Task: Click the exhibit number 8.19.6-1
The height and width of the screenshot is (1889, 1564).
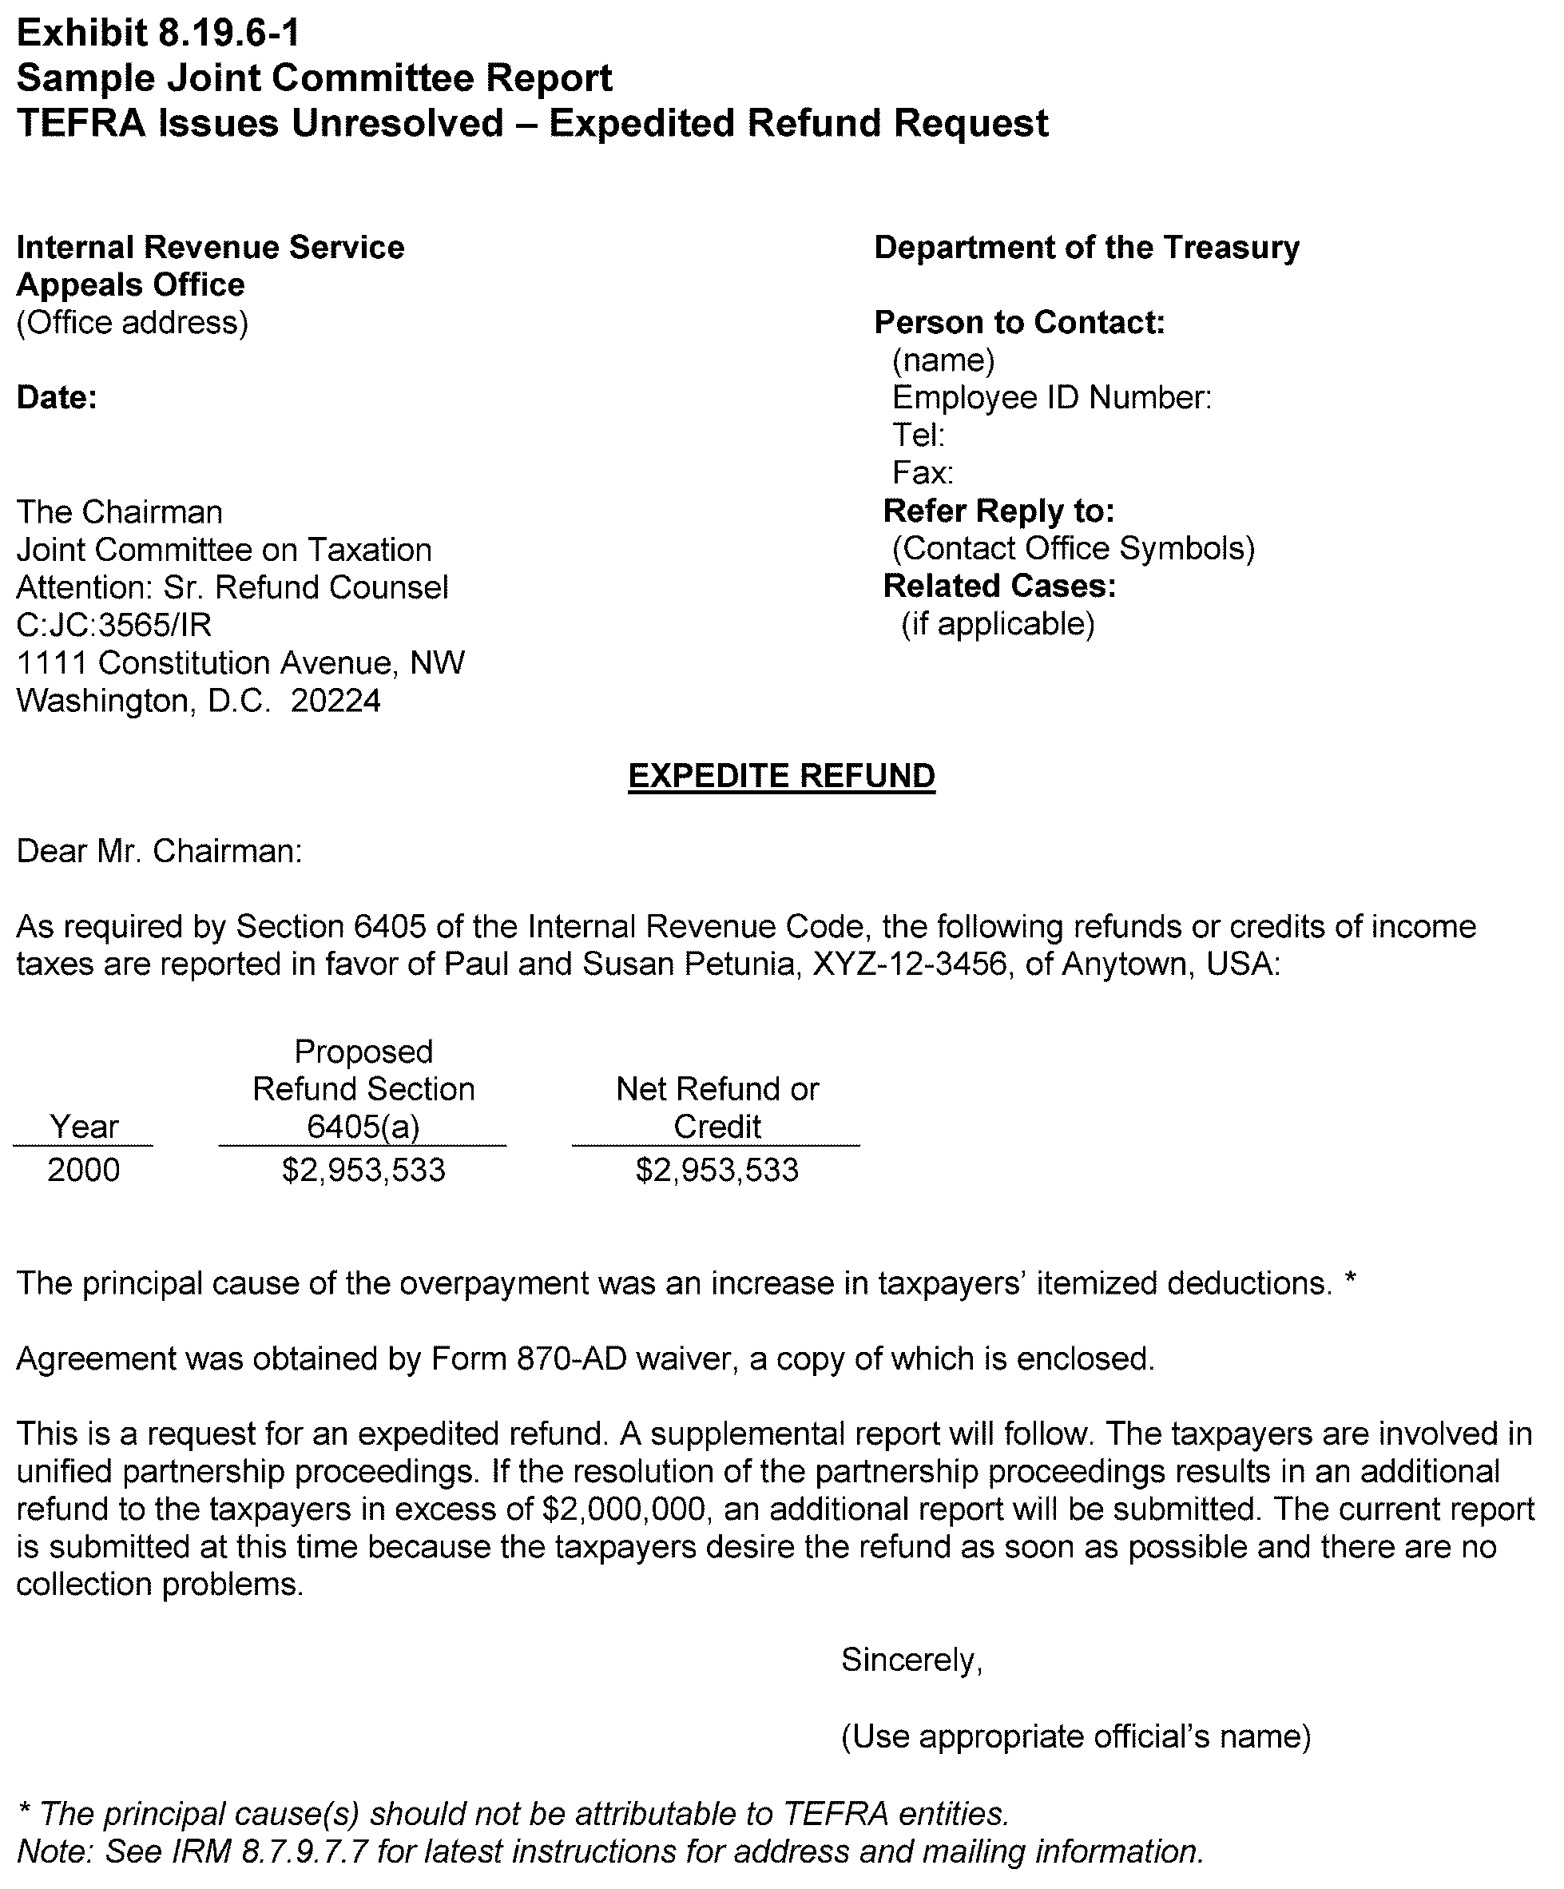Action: tap(228, 34)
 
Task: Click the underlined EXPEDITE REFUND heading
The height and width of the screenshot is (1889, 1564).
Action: tap(780, 775)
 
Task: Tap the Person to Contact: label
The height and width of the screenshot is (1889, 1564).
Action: tap(1019, 322)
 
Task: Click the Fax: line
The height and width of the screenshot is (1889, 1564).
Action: tap(922, 473)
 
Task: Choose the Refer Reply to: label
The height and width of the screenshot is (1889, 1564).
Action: tap(998, 511)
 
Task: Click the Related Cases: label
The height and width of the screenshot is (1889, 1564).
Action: tap(999, 586)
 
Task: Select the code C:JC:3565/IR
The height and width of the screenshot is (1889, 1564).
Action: tap(114, 624)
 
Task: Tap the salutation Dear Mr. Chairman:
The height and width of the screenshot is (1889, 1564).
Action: tap(159, 851)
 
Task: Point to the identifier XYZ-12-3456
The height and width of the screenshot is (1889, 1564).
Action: tap(909, 964)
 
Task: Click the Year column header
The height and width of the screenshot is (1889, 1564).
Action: tap(84, 1126)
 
